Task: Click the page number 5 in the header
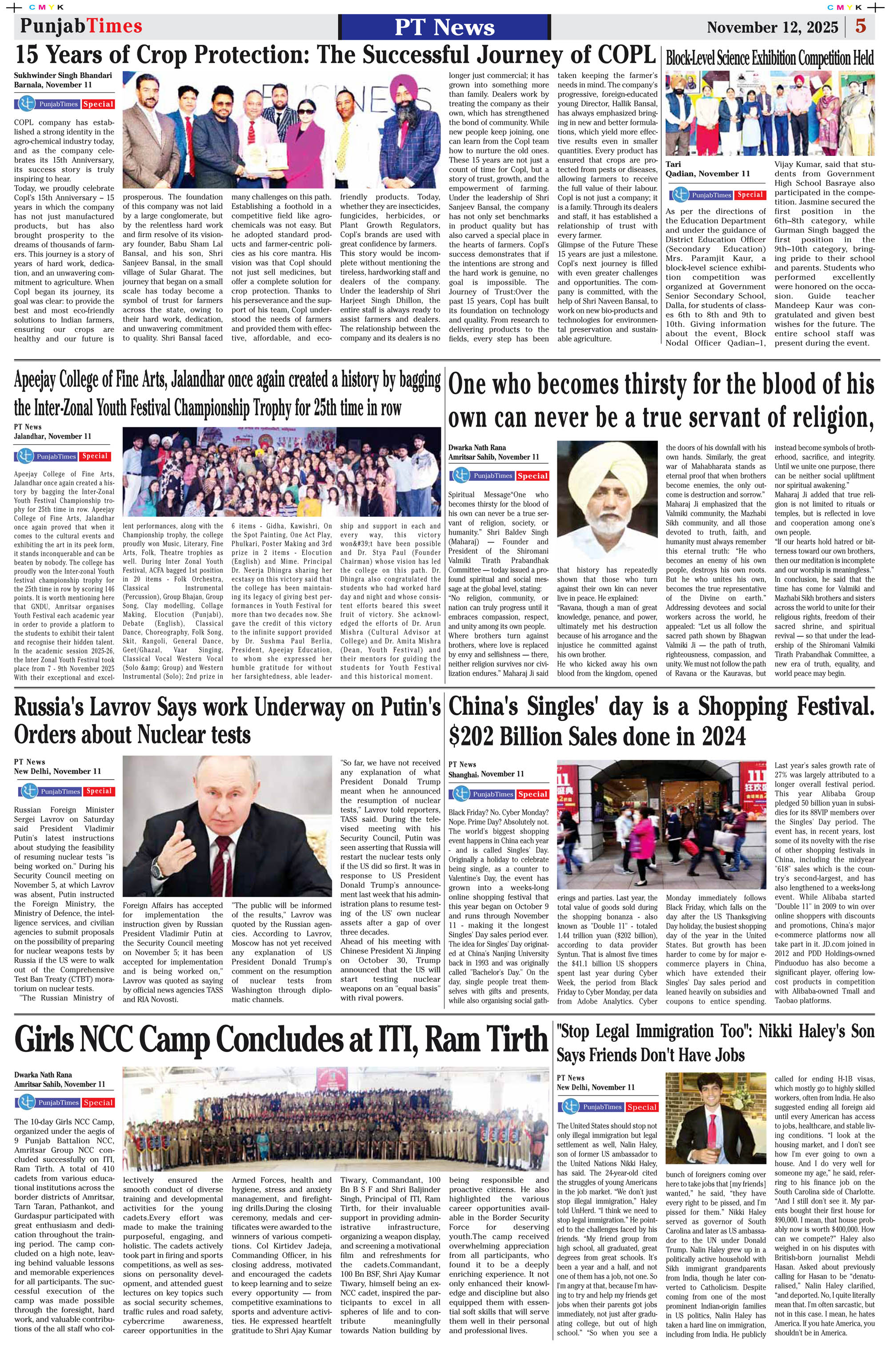(861, 26)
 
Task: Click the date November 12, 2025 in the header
(772, 28)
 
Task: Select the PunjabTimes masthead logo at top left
(80, 26)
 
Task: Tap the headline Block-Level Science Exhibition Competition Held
(769, 58)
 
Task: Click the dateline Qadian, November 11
(707, 174)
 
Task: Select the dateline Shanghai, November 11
(486, 774)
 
